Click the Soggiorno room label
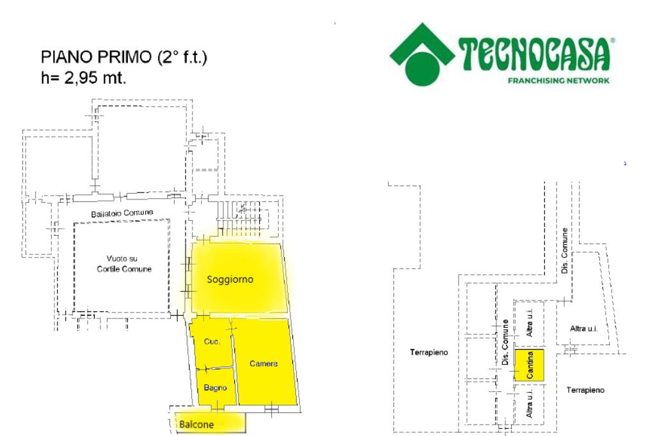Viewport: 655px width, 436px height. pyautogui.click(x=231, y=279)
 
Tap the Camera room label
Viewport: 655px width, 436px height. pyautogui.click(x=264, y=364)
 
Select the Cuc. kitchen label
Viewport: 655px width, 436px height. pyautogui.click(x=212, y=342)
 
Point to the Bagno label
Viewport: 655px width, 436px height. pyautogui.click(x=212, y=387)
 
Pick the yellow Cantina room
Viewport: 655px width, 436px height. pyautogui.click(x=530, y=365)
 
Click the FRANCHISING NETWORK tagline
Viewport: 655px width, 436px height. pyautogui.click(x=558, y=81)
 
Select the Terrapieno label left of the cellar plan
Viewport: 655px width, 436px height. pyautogui.click(x=429, y=352)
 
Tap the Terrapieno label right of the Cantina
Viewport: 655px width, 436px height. pyautogui.click(x=585, y=389)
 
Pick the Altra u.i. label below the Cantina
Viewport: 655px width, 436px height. pyautogui.click(x=530, y=405)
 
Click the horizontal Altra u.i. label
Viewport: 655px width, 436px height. pyautogui.click(x=583, y=329)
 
